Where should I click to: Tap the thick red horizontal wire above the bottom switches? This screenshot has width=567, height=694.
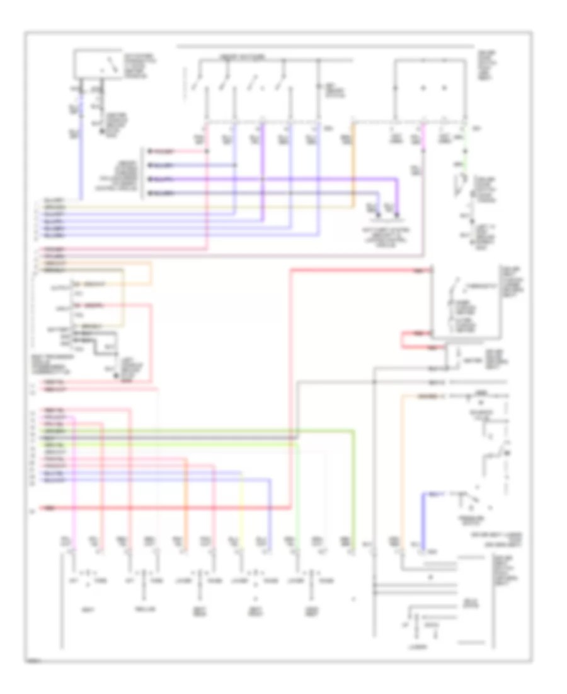coord(164,508)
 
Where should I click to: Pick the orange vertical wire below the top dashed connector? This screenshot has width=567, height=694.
coord(353,164)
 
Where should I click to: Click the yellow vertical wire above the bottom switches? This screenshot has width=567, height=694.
coord(242,511)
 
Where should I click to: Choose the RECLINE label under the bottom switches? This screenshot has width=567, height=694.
coord(145,610)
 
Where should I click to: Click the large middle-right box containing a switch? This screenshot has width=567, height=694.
coord(466,300)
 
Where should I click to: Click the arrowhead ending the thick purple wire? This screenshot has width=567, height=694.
coord(397,218)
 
